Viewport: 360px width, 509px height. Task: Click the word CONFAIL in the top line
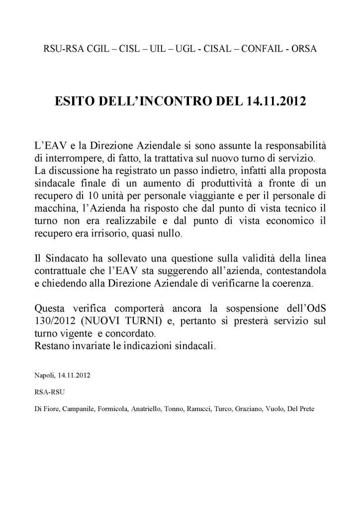click(268, 50)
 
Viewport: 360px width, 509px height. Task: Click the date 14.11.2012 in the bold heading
click(276, 102)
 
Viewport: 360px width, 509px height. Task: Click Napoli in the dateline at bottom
click(43, 372)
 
